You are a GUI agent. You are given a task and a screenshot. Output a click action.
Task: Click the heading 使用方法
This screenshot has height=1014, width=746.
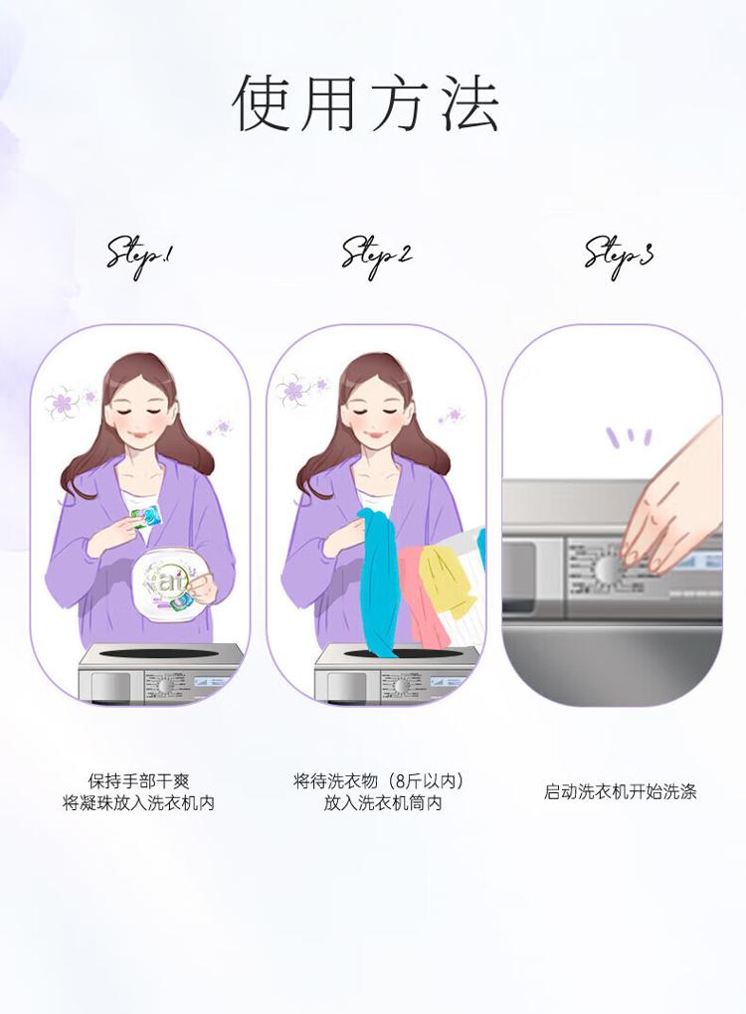[x=366, y=104]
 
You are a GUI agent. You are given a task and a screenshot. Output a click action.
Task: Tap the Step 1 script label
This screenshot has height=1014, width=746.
[x=140, y=256]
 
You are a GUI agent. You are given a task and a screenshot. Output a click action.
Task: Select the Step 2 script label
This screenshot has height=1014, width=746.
[x=377, y=256]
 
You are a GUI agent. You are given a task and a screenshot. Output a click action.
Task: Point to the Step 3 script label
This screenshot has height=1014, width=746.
[x=619, y=255]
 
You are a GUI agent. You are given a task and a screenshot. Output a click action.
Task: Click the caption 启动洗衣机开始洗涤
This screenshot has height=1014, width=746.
[x=620, y=791]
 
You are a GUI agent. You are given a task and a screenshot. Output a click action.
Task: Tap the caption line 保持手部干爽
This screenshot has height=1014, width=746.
[x=138, y=780]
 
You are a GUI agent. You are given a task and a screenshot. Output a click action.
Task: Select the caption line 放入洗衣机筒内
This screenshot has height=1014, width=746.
[x=383, y=803]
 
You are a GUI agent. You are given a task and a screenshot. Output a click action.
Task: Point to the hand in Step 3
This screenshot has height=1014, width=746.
[x=669, y=499]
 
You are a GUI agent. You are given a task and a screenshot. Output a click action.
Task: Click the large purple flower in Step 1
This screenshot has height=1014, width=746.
[x=62, y=402]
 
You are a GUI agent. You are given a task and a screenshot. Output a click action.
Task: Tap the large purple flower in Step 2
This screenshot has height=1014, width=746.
[x=294, y=390]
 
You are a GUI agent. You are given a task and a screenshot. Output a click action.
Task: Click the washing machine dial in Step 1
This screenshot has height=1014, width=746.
[x=166, y=685]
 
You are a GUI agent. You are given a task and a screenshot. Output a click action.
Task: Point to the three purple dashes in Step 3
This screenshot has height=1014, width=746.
[x=629, y=437]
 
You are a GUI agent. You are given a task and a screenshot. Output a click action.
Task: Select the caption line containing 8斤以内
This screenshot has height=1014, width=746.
[x=379, y=781]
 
